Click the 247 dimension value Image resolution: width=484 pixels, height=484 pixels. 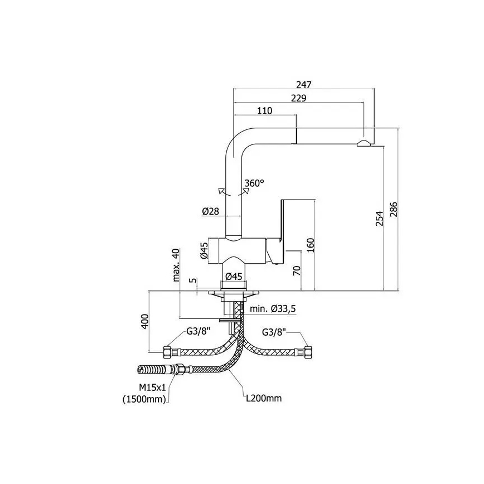[303, 84]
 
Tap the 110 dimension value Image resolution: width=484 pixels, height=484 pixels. [265, 110]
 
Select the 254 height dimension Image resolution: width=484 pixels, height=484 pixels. [379, 219]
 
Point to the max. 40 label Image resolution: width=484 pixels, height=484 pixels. [177, 265]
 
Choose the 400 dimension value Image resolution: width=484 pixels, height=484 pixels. [144, 321]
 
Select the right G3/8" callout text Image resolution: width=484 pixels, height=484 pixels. [274, 332]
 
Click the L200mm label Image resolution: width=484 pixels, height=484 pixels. [265, 398]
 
